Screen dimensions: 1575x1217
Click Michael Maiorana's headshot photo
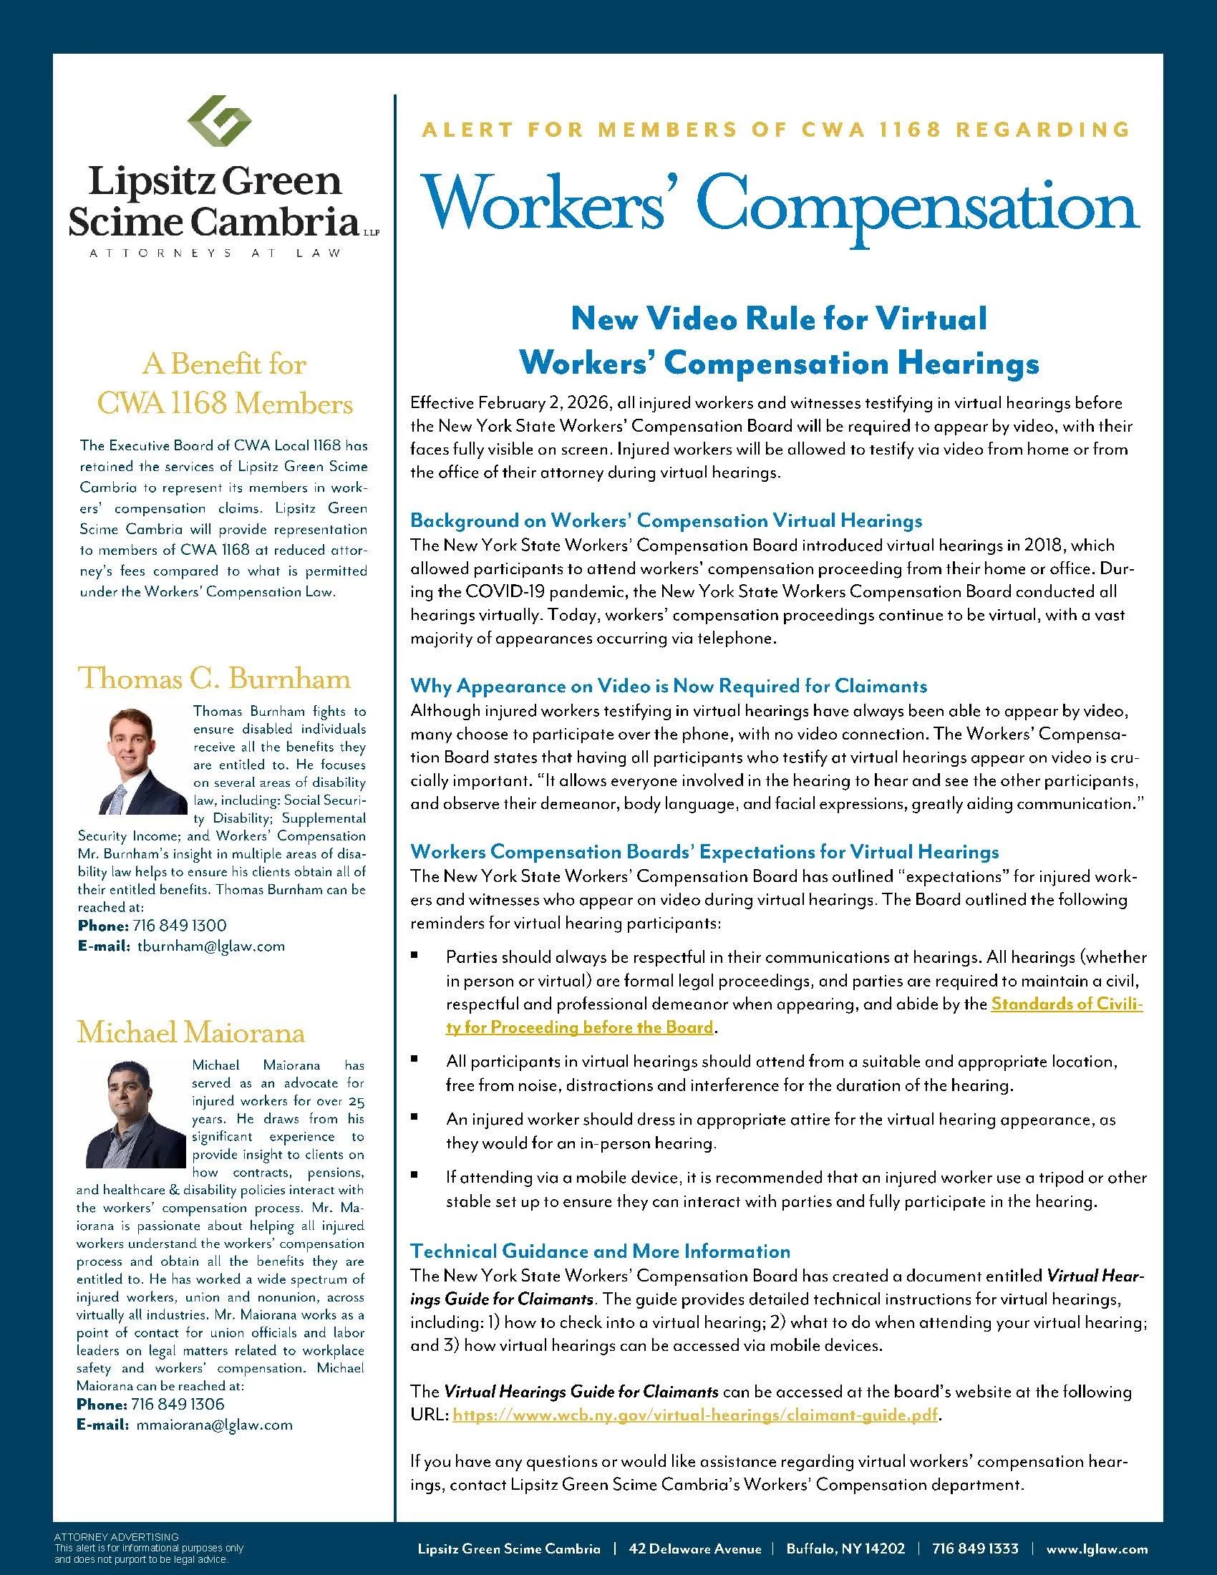click(136, 1113)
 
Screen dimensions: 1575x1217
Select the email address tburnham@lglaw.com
click(210, 946)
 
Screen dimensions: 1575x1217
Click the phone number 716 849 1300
click(180, 925)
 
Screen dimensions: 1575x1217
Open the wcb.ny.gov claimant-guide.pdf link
click(695, 1414)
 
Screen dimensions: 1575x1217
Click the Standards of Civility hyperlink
click(793, 1015)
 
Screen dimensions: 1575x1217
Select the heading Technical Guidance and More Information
click(600, 1251)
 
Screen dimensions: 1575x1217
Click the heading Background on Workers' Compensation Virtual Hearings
click(666, 520)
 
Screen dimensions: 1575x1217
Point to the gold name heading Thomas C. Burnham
click(214, 679)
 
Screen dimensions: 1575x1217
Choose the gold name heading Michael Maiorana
click(191, 1032)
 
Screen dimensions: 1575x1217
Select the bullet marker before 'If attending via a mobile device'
click(414, 1175)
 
